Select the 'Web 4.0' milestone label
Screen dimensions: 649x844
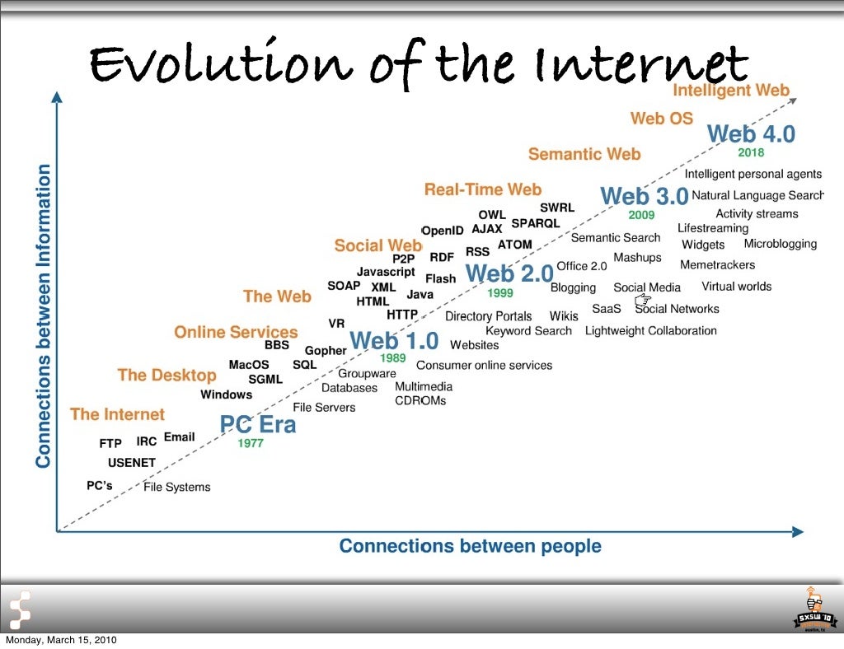click(751, 133)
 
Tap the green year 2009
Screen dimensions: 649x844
click(641, 215)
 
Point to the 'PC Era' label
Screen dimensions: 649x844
click(257, 425)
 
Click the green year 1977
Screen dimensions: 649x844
click(251, 443)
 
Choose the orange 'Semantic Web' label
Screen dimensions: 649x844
click(584, 154)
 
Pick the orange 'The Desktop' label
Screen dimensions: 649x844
click(166, 376)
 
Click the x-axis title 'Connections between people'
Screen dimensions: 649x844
click(470, 546)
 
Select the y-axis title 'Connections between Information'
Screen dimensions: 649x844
click(44, 316)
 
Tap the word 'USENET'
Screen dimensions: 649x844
click(131, 463)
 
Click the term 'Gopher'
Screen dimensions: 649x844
click(326, 351)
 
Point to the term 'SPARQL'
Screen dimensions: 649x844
click(535, 223)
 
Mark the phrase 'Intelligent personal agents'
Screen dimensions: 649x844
click(753, 174)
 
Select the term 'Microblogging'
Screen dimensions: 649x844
click(780, 244)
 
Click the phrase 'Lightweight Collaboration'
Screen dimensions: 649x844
click(650, 331)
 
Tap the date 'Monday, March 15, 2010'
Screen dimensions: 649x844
click(61, 641)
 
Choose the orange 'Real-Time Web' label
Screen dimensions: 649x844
click(482, 190)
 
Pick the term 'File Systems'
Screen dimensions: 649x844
click(176, 487)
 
